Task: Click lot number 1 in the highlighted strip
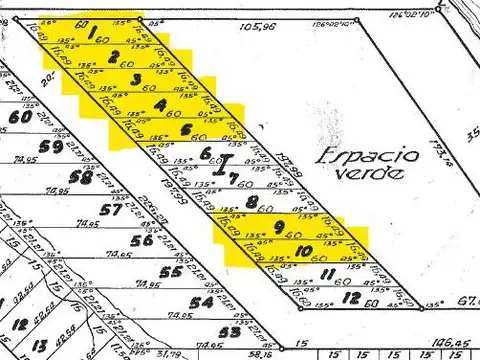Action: [x=92, y=33]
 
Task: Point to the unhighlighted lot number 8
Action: [x=252, y=203]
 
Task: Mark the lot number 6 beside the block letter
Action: [x=206, y=153]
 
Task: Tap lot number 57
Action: [x=111, y=210]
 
